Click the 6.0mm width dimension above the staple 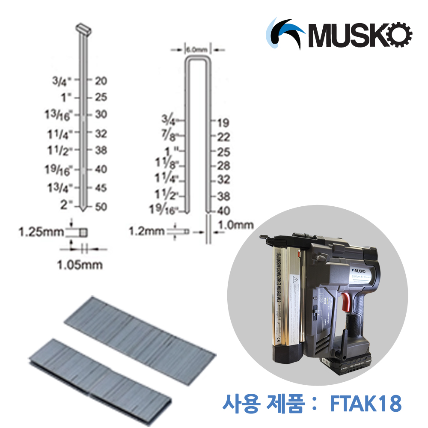coord(197,50)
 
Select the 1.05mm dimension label coord(80,265)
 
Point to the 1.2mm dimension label coord(147,231)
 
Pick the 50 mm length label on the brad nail coord(101,207)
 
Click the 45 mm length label coord(101,188)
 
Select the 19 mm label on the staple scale coord(223,123)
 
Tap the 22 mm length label coord(223,137)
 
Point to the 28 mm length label coord(223,166)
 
